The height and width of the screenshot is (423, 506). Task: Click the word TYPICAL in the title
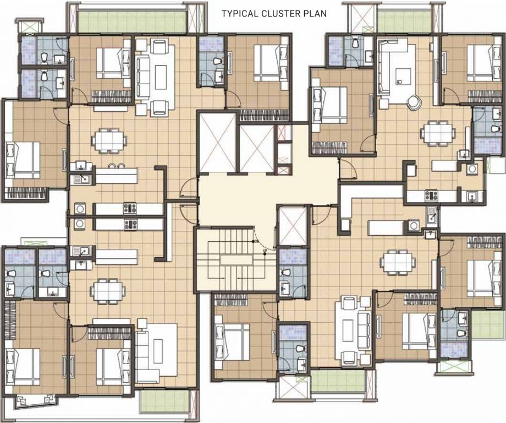click(239, 14)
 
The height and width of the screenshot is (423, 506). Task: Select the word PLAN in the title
click(315, 14)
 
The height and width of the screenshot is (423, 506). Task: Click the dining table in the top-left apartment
click(109, 140)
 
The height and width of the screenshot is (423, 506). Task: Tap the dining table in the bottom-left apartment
click(108, 290)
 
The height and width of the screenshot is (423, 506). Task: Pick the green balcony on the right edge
click(488, 325)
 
